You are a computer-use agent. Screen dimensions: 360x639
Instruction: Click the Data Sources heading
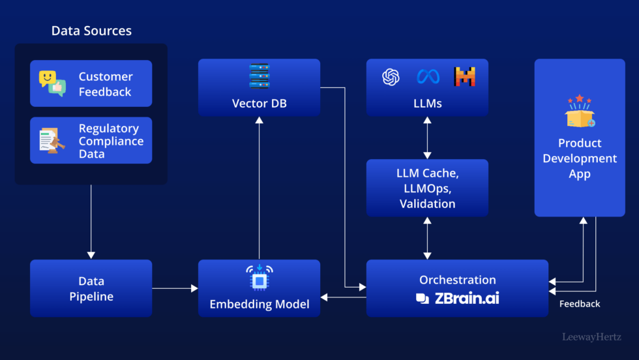[x=91, y=31]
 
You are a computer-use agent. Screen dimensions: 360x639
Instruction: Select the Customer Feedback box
[x=91, y=83]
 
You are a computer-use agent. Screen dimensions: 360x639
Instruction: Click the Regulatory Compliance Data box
[x=91, y=140]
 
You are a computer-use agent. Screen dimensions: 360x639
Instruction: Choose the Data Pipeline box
[x=91, y=288]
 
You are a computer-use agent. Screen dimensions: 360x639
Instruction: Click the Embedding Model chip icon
[x=259, y=278]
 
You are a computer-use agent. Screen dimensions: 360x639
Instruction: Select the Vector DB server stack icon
[x=259, y=76]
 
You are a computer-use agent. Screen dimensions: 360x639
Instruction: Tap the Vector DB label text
[x=259, y=104]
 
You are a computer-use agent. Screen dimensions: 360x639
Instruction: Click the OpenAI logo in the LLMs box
[x=391, y=77]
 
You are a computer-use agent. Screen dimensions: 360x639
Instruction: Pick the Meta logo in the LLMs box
[x=428, y=77]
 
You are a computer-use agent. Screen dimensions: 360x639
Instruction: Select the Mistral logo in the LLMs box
[x=465, y=77]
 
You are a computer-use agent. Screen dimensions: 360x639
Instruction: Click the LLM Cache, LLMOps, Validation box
[x=427, y=188]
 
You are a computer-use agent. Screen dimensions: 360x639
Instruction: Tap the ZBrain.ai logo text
[x=458, y=299]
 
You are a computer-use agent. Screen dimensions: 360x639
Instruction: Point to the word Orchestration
[x=458, y=280]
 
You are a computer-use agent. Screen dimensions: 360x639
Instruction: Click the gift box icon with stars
[x=579, y=112]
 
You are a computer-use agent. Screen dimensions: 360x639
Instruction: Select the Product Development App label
[x=580, y=158]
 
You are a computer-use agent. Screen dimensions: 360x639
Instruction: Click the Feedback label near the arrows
[x=580, y=304]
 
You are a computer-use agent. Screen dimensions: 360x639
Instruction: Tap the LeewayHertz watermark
[x=592, y=337]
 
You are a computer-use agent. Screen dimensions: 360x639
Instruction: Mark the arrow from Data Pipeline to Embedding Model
[x=175, y=288]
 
